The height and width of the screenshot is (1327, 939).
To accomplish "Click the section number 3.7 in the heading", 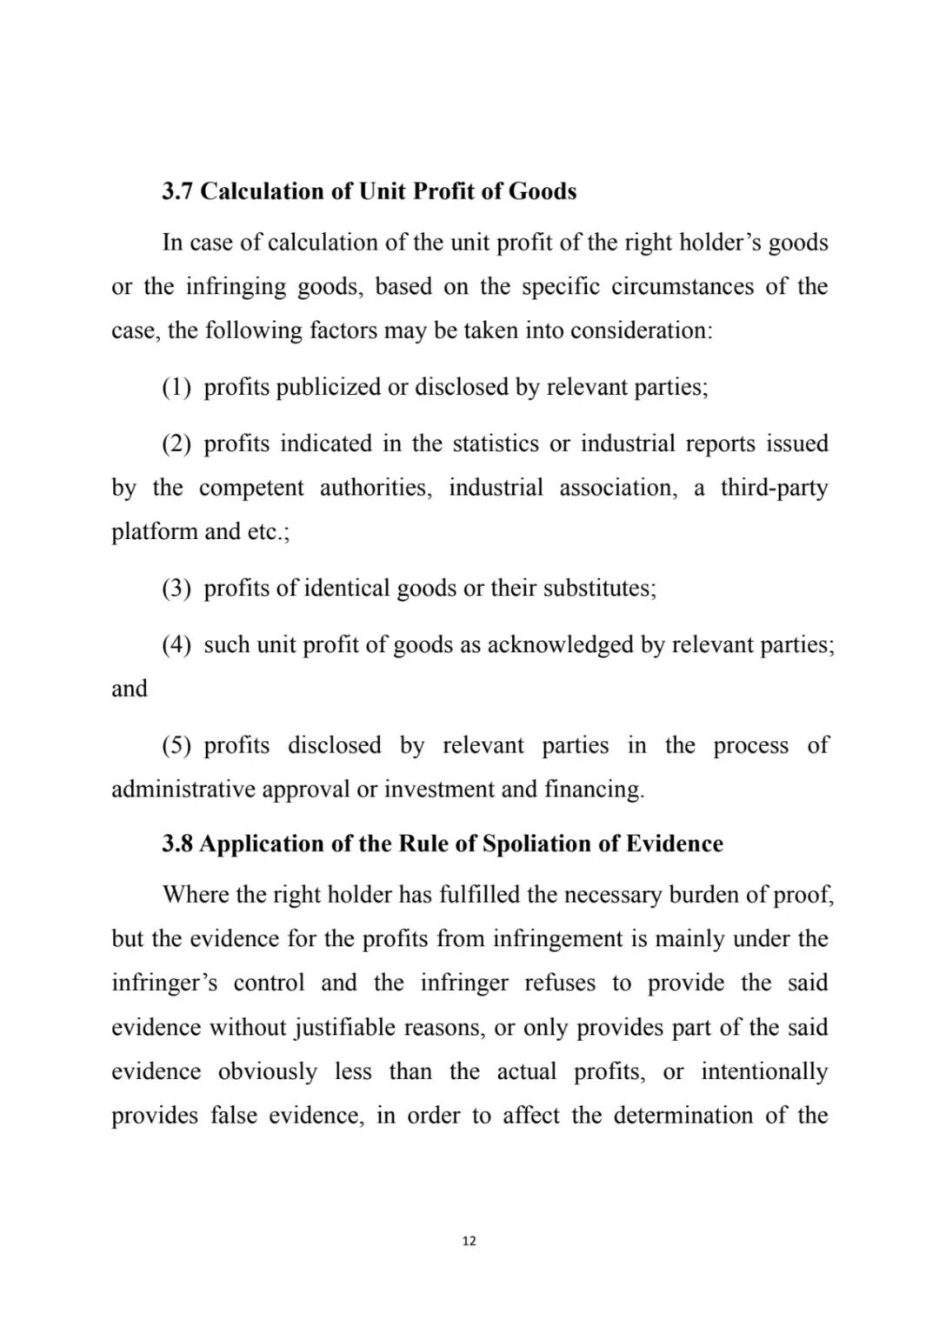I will coord(177,191).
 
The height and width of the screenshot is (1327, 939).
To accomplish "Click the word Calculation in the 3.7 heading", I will coord(263,191).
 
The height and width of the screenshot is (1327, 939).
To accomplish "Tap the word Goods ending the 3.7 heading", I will coord(543,191).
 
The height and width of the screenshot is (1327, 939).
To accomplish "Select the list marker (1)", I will coord(176,387).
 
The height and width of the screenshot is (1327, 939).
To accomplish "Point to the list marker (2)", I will coord(176,443).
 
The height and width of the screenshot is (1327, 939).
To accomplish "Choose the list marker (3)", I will coord(176,588).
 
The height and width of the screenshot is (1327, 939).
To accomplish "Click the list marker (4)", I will coord(176,644).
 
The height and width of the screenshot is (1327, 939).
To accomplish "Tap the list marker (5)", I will coord(176,745).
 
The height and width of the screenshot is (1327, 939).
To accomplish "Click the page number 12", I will coord(469,1241).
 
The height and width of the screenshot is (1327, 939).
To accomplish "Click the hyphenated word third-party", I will coord(774,488).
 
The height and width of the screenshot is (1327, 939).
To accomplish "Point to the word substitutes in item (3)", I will coord(600,588).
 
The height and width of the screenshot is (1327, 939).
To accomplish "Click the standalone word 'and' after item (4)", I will coord(130,689).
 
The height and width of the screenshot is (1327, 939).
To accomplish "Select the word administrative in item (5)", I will coord(183,790).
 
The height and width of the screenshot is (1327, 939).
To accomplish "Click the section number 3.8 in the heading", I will coord(177,844).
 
